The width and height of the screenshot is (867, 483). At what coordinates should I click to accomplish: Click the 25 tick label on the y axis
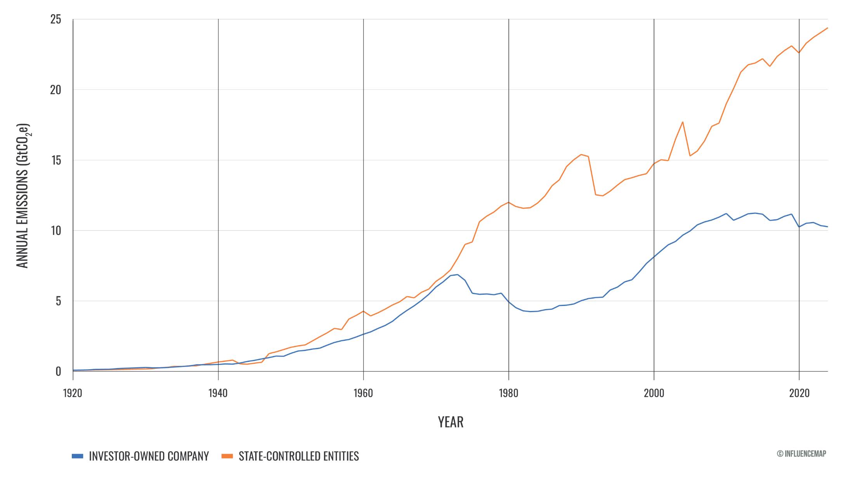pyautogui.click(x=55, y=19)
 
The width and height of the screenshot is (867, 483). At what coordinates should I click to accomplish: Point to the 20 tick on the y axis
pyautogui.click(x=55, y=90)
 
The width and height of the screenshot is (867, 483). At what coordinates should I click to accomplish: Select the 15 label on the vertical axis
pyautogui.click(x=55, y=160)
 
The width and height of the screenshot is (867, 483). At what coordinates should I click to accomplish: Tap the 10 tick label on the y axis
pyautogui.click(x=55, y=231)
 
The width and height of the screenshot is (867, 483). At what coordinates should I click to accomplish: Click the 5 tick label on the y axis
pyautogui.click(x=58, y=301)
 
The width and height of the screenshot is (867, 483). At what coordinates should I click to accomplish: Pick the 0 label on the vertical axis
pyautogui.click(x=58, y=372)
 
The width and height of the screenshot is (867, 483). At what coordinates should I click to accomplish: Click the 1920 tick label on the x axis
pyautogui.click(x=73, y=393)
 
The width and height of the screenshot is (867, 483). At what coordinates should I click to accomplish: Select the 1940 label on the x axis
pyautogui.click(x=218, y=393)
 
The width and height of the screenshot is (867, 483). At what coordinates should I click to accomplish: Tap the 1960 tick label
pyautogui.click(x=363, y=393)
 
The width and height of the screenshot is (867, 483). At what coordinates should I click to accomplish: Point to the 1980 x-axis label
pyautogui.click(x=508, y=393)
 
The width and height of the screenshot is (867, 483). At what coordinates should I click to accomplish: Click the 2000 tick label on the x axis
pyautogui.click(x=654, y=393)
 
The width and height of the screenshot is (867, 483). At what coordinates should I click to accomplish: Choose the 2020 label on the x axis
pyautogui.click(x=799, y=393)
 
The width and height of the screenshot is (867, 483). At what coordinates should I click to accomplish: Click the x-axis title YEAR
pyautogui.click(x=450, y=422)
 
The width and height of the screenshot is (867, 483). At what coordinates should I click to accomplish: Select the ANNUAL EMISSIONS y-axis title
pyautogui.click(x=23, y=196)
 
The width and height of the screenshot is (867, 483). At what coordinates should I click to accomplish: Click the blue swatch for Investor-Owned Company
pyautogui.click(x=77, y=456)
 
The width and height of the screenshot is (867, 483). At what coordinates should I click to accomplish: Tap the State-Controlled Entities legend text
pyautogui.click(x=298, y=456)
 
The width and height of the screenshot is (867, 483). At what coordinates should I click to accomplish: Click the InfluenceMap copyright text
pyautogui.click(x=801, y=453)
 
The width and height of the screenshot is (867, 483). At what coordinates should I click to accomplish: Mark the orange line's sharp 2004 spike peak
pyautogui.click(x=683, y=122)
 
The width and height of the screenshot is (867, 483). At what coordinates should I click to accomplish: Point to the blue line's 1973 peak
pyautogui.click(x=458, y=275)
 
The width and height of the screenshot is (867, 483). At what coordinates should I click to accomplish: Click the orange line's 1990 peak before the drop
pyautogui.click(x=581, y=155)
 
